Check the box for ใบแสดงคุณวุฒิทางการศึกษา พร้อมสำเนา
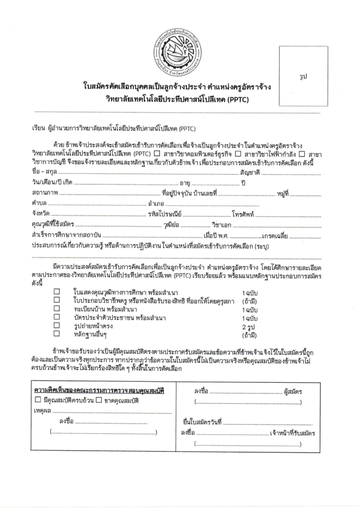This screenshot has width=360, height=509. [57, 292]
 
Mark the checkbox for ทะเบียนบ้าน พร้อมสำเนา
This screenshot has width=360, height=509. [57, 308]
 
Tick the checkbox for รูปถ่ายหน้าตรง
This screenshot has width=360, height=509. [57, 325]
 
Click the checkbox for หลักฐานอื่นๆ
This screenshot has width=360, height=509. [57, 334]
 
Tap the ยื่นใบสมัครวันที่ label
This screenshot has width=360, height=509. [201, 422]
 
